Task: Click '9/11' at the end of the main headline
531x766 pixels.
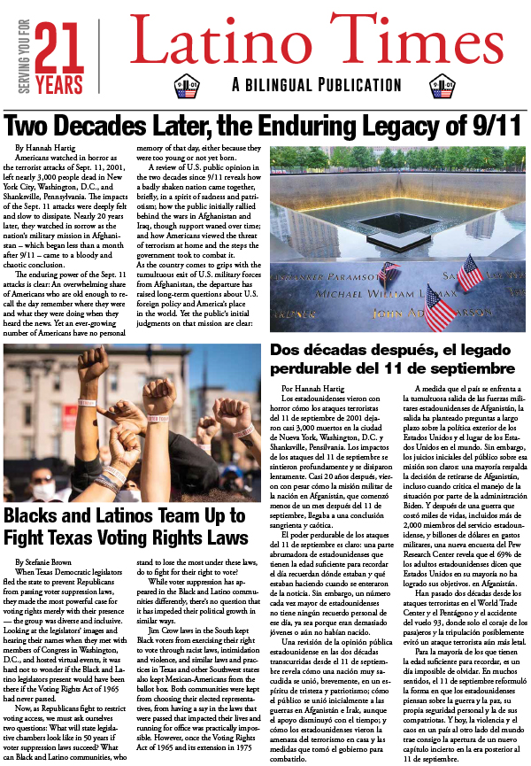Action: [495, 126]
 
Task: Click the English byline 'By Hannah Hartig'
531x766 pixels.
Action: [45, 146]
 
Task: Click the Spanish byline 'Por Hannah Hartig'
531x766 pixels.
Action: [311, 388]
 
